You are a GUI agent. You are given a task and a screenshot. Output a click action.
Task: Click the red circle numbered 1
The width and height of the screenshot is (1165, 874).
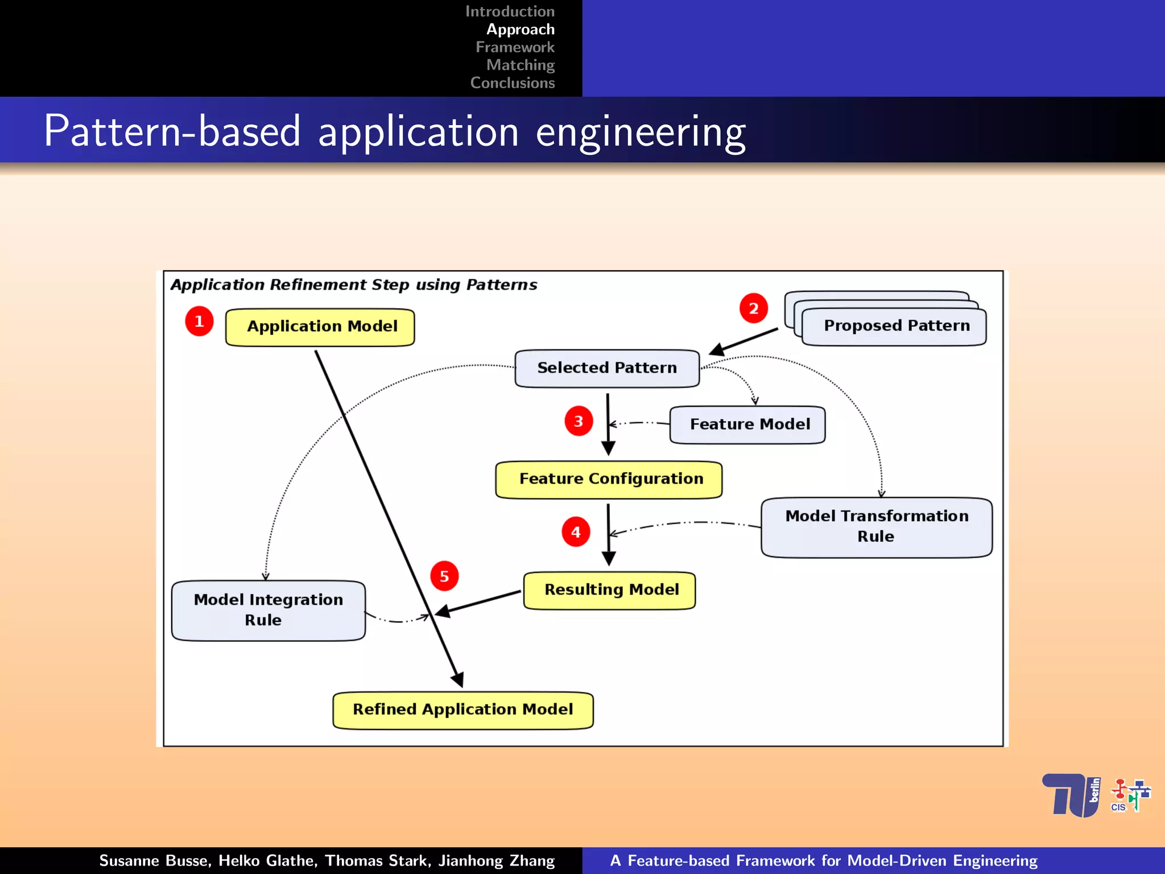tap(199, 321)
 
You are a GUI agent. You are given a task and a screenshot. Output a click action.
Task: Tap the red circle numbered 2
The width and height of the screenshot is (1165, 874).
tap(753, 308)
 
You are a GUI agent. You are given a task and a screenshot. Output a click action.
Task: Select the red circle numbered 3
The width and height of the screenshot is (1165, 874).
tap(579, 421)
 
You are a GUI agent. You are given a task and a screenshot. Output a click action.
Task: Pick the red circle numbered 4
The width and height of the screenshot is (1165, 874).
tap(576, 532)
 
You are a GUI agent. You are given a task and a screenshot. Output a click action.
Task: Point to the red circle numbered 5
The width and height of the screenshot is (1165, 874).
tap(444, 576)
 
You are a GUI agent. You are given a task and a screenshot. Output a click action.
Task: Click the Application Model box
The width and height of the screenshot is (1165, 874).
tap(320, 327)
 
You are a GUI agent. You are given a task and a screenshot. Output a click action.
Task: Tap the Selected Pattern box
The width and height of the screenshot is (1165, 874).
tap(606, 368)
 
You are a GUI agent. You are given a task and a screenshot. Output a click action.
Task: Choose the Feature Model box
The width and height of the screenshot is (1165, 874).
tap(747, 424)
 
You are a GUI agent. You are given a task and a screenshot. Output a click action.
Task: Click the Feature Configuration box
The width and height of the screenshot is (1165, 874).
tap(609, 479)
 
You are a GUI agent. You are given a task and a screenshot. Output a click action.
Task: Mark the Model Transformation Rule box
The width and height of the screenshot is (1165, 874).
tap(876, 527)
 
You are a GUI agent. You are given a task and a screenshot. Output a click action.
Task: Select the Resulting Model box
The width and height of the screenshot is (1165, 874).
tap(609, 590)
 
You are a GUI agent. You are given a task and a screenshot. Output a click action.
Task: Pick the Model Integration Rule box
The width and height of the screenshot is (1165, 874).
tap(268, 610)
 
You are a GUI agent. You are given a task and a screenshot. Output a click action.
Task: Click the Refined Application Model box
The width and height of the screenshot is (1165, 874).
tap(462, 710)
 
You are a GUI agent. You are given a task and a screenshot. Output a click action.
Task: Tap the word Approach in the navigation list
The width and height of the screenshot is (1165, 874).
tap(520, 30)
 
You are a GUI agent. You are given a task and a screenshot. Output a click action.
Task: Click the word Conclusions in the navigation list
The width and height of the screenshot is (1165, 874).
tap(512, 83)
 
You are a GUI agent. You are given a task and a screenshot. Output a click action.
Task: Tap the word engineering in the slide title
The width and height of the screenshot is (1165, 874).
tap(641, 132)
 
